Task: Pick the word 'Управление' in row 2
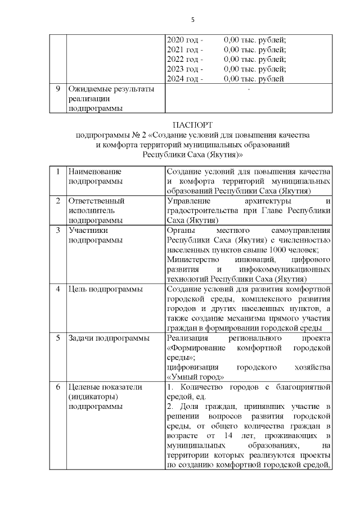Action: [190, 200]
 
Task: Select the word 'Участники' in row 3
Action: [87, 230]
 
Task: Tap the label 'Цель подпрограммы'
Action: [105, 289]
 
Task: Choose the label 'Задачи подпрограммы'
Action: [109, 338]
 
